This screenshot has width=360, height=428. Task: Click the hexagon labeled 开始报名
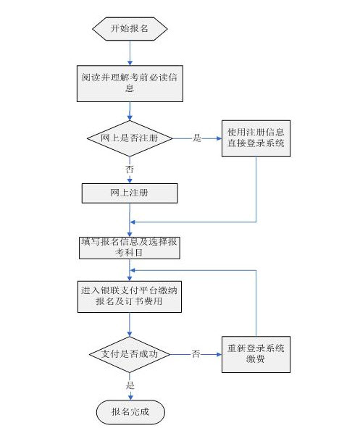(130, 29)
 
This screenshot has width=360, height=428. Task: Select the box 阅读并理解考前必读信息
(130, 83)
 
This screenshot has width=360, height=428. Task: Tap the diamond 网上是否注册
(130, 138)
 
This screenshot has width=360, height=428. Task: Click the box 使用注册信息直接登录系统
(256, 138)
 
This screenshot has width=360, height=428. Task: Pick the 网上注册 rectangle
(130, 193)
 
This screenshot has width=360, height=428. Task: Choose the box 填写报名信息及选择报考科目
(130, 248)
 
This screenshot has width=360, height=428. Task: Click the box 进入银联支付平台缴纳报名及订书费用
(130, 297)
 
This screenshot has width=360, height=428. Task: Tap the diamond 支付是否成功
(130, 355)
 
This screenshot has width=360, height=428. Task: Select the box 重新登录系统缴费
(256, 355)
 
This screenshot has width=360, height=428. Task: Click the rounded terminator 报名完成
(130, 412)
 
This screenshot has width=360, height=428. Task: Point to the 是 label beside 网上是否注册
(197, 138)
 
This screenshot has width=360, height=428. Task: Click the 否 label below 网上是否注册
(130, 169)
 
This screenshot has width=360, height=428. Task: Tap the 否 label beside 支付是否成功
(196, 354)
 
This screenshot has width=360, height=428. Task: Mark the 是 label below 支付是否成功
(130, 385)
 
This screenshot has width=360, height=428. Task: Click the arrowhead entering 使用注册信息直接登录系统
(219, 138)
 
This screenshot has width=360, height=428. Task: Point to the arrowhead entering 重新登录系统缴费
(219, 355)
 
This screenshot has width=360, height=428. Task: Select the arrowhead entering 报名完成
(130, 398)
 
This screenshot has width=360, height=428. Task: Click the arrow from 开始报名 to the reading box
(130, 53)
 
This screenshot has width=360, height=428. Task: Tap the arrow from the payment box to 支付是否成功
(130, 325)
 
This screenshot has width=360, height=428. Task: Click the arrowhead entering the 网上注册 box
(130, 180)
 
